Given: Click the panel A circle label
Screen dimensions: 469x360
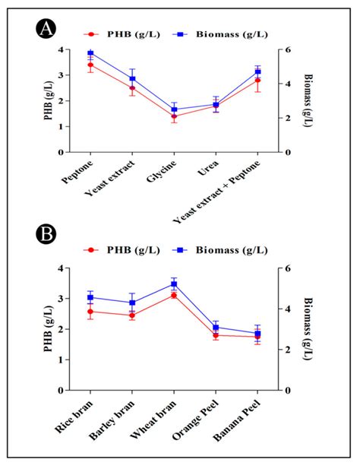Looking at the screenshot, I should click(46, 30).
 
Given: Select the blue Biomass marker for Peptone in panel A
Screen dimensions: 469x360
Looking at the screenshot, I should click(90, 53).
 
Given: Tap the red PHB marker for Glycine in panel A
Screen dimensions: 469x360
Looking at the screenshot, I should click(174, 116).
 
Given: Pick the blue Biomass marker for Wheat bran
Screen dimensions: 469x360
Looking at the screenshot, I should click(174, 284).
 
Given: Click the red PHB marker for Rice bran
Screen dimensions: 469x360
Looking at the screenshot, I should click(90, 312).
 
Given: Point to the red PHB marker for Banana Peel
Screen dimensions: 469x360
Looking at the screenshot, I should click(257, 337).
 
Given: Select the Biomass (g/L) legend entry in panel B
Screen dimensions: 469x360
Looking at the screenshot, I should click(225, 249).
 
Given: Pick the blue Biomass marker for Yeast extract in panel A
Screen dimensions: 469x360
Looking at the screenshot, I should click(132, 79).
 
